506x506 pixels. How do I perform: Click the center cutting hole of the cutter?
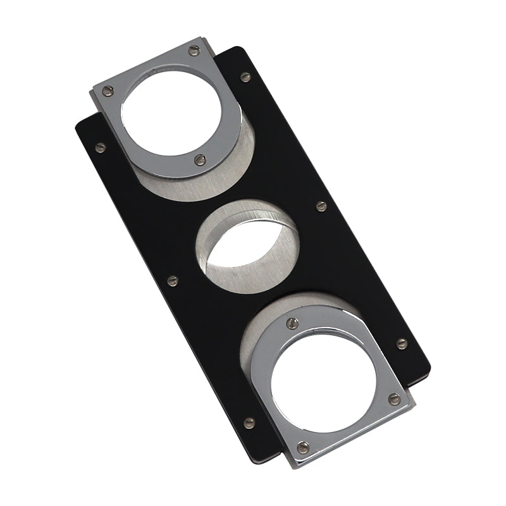point(248,248)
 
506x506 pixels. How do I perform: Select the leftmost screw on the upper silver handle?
point(108,90)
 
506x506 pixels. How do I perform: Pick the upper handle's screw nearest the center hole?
point(200,159)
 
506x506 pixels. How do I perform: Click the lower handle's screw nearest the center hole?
point(292,323)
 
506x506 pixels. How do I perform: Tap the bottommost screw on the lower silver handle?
point(303,447)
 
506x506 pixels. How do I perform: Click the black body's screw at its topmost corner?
point(245,77)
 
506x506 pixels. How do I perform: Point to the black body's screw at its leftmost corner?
point(100,147)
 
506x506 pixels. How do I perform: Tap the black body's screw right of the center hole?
point(321,206)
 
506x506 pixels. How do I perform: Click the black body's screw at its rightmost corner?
point(401,343)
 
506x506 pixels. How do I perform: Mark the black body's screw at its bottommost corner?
point(249,422)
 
